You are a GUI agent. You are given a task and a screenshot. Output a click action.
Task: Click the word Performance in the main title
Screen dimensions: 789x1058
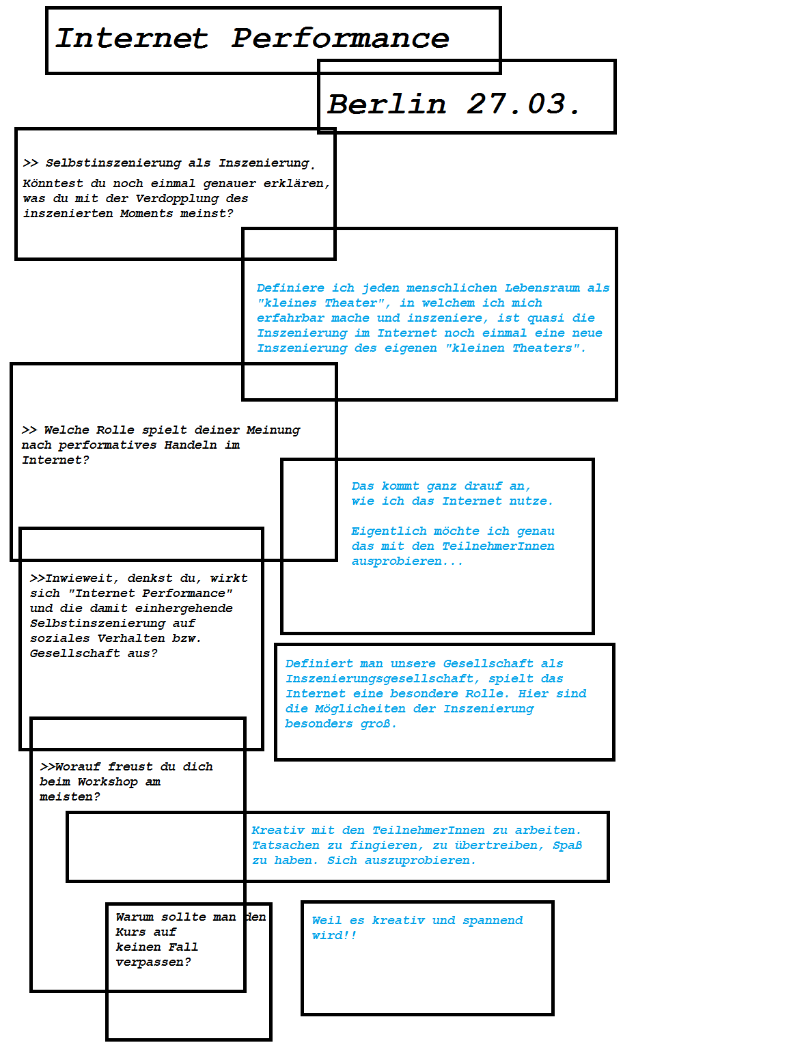click(340, 38)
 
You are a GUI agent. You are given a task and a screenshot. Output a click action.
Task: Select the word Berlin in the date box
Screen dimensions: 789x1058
click(387, 104)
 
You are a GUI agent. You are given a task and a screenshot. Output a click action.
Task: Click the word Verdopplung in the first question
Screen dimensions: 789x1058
click(177, 199)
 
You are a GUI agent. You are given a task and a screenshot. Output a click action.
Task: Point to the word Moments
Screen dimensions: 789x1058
click(146, 214)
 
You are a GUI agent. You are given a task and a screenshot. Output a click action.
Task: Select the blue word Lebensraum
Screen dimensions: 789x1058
click(542, 288)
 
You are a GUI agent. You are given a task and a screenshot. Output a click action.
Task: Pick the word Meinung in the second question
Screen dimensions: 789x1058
click(273, 430)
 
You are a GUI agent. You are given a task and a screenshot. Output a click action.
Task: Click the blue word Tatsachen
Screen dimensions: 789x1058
click(286, 846)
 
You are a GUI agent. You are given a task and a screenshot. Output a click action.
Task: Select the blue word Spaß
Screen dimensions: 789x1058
click(567, 846)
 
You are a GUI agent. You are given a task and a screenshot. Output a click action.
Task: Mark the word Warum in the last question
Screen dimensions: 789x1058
click(135, 917)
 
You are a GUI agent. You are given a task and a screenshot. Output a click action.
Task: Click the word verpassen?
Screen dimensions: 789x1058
click(153, 962)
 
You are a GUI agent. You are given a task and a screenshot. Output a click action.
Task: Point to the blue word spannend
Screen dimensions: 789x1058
click(492, 921)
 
